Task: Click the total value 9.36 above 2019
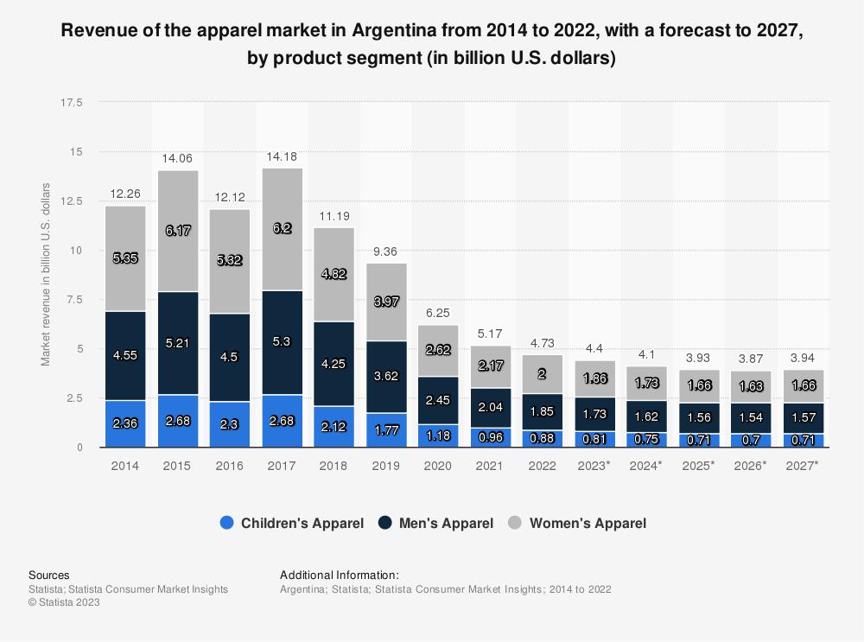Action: click(x=386, y=251)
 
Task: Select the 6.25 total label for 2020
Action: click(x=438, y=313)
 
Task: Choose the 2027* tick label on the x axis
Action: click(x=803, y=466)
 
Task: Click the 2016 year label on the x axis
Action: click(x=229, y=466)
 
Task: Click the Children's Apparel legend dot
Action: click(x=227, y=523)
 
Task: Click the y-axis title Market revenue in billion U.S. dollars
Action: click(x=47, y=274)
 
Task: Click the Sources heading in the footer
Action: click(x=49, y=575)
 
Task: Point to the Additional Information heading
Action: click(x=339, y=575)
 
